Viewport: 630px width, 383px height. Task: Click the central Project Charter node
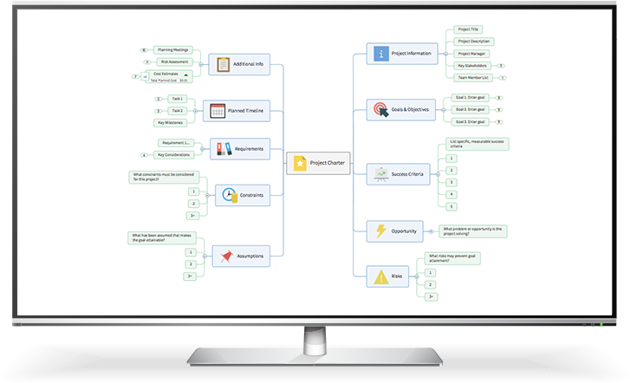(320, 162)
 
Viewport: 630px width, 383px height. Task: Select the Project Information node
(401, 54)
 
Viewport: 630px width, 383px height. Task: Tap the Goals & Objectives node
(401, 110)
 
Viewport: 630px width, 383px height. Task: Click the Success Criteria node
(401, 174)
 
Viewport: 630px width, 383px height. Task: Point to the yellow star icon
(300, 162)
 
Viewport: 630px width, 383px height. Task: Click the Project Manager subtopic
(473, 54)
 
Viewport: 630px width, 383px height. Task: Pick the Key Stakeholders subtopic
(473, 66)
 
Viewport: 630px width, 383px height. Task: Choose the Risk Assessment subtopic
(173, 62)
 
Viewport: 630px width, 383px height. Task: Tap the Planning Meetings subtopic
(173, 50)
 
